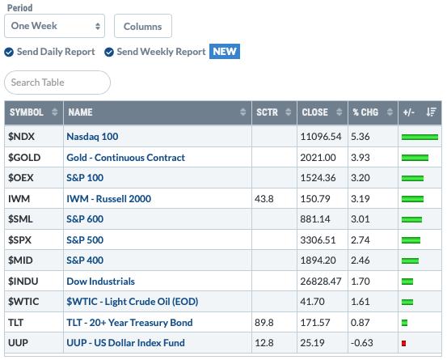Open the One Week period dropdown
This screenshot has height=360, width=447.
point(54,26)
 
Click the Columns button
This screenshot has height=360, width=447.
point(143,26)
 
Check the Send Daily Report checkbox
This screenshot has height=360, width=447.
point(9,53)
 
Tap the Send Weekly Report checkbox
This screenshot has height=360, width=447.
point(109,53)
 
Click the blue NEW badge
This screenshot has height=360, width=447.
point(225,52)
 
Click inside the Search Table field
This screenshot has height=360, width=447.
point(57,83)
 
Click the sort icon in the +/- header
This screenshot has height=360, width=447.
point(432,112)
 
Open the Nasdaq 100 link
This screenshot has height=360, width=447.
point(92,137)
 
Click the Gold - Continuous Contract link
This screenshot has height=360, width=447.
point(126,158)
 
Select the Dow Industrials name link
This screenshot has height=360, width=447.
point(100,282)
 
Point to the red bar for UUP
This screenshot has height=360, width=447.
point(403,343)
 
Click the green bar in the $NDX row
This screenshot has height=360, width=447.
point(420,138)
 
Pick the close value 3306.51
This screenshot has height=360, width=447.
point(318,240)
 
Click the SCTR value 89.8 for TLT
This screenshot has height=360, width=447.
point(264,323)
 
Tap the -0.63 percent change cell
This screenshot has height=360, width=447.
point(362,343)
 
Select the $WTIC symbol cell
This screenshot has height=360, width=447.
point(23,302)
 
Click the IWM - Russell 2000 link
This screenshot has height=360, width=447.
point(108,199)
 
